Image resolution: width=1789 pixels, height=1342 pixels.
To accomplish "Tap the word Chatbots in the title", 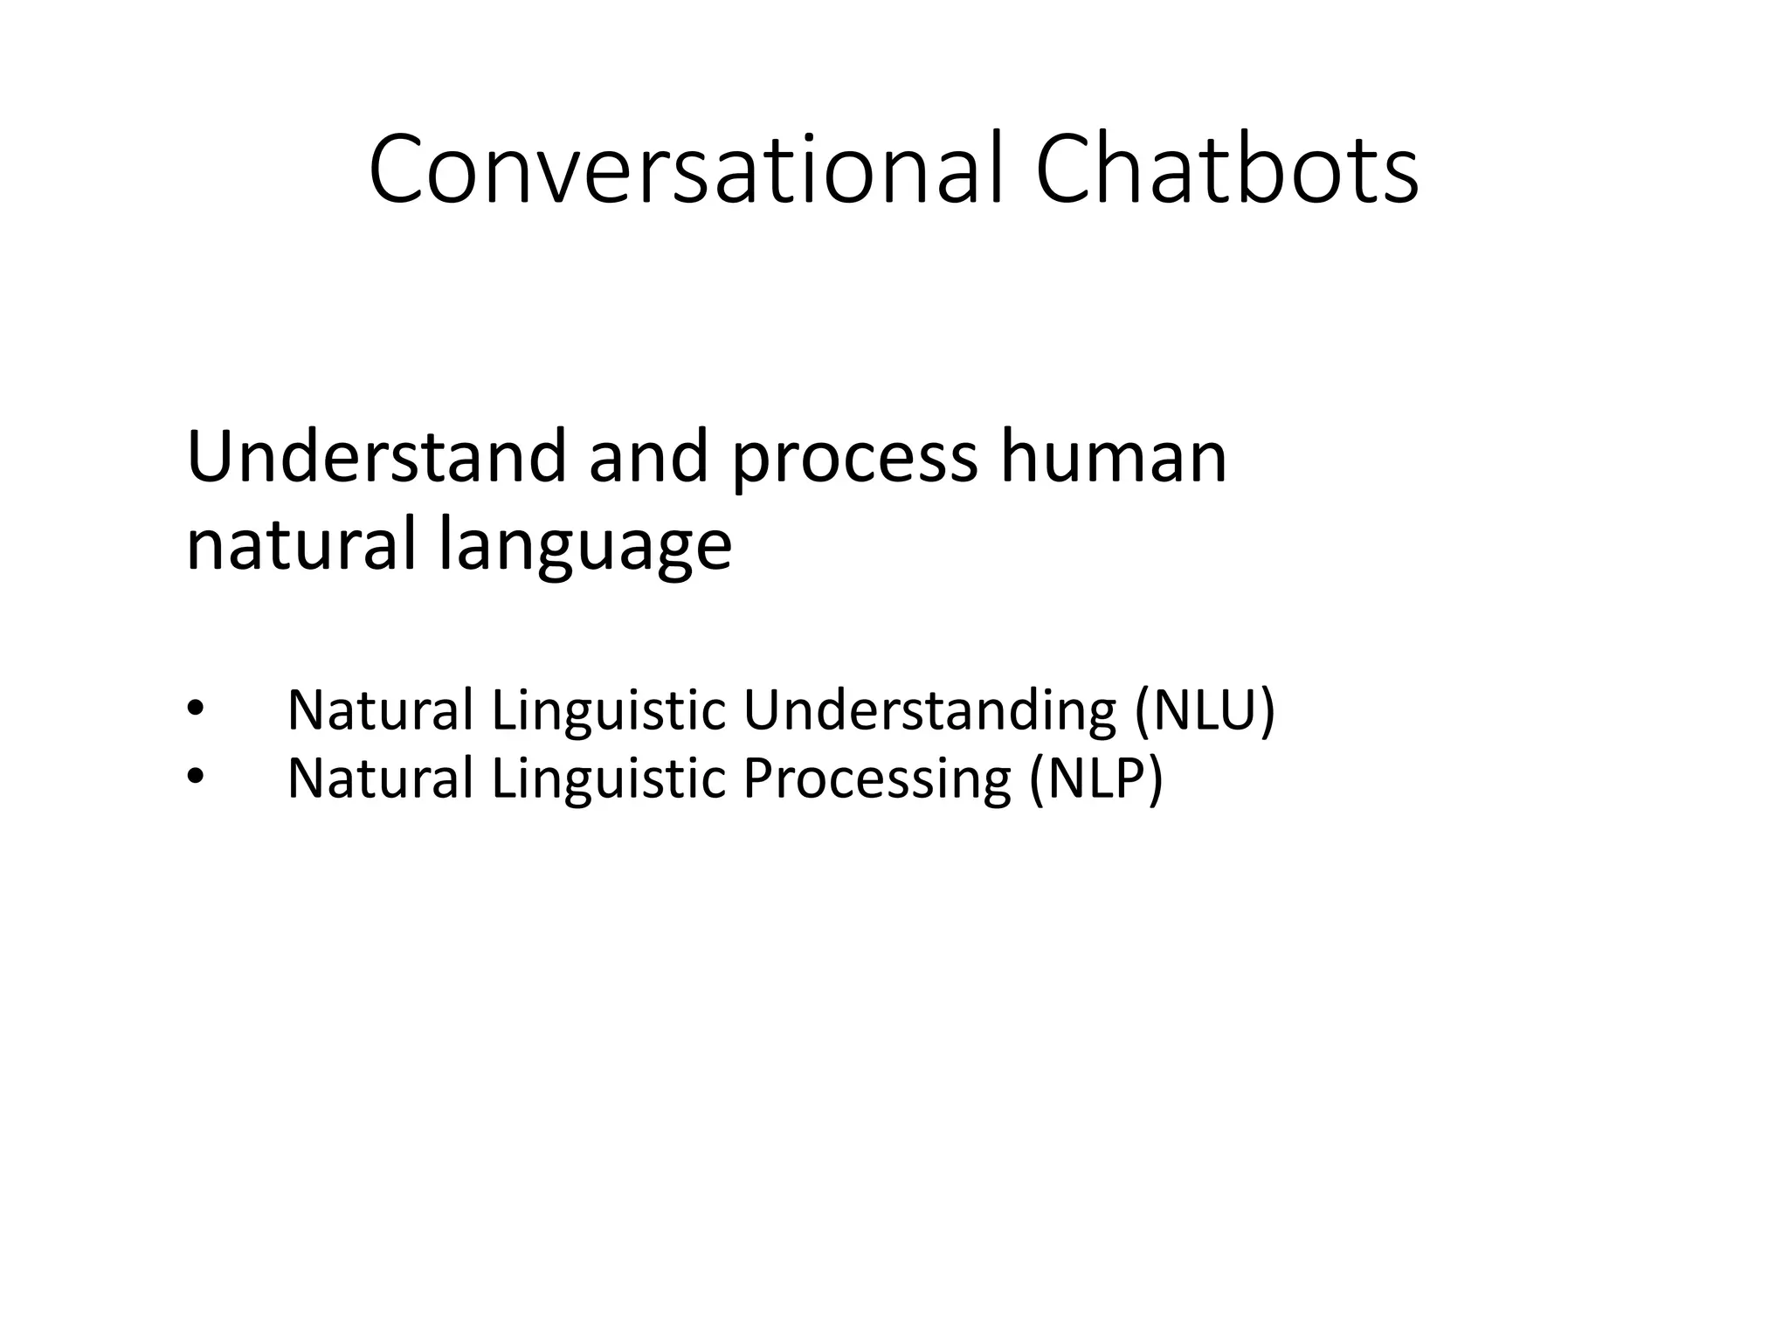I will (x=1226, y=169).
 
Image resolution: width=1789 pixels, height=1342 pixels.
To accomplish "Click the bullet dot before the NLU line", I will (x=195, y=709).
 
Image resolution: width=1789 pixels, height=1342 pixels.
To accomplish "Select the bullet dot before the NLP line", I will (x=195, y=778).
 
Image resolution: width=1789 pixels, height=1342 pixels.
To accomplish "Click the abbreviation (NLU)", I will (x=1205, y=709).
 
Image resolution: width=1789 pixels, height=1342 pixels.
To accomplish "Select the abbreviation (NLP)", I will (x=1095, y=778).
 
